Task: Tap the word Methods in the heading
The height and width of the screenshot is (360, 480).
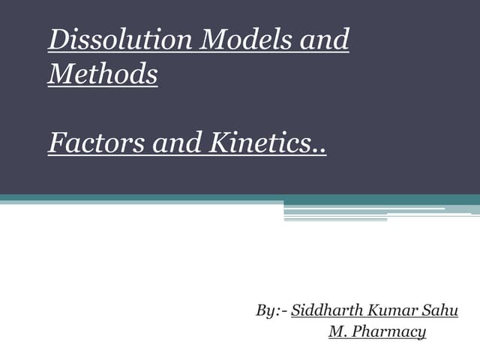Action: coord(103,75)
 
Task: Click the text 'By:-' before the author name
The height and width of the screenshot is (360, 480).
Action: coord(271,310)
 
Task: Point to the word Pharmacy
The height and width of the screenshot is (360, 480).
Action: coord(391,331)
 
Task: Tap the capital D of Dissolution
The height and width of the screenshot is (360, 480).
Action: coord(57,40)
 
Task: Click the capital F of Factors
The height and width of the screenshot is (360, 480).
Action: coord(55,142)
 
